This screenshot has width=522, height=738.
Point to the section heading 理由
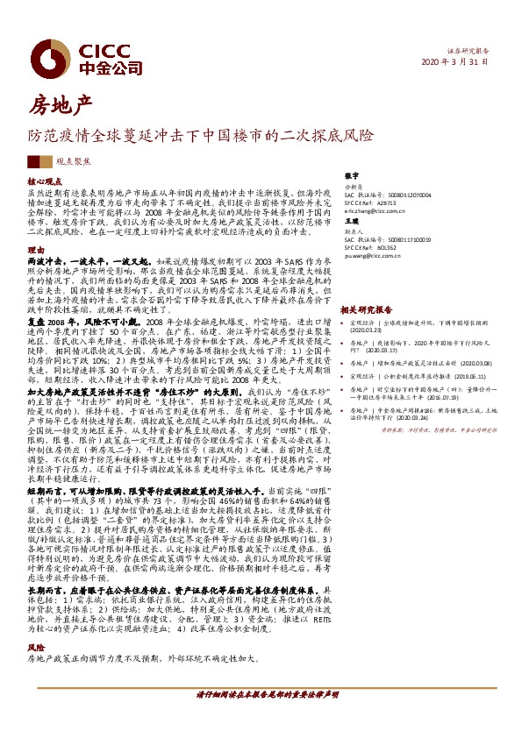(x=34, y=250)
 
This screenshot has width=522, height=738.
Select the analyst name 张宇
(x=351, y=176)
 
